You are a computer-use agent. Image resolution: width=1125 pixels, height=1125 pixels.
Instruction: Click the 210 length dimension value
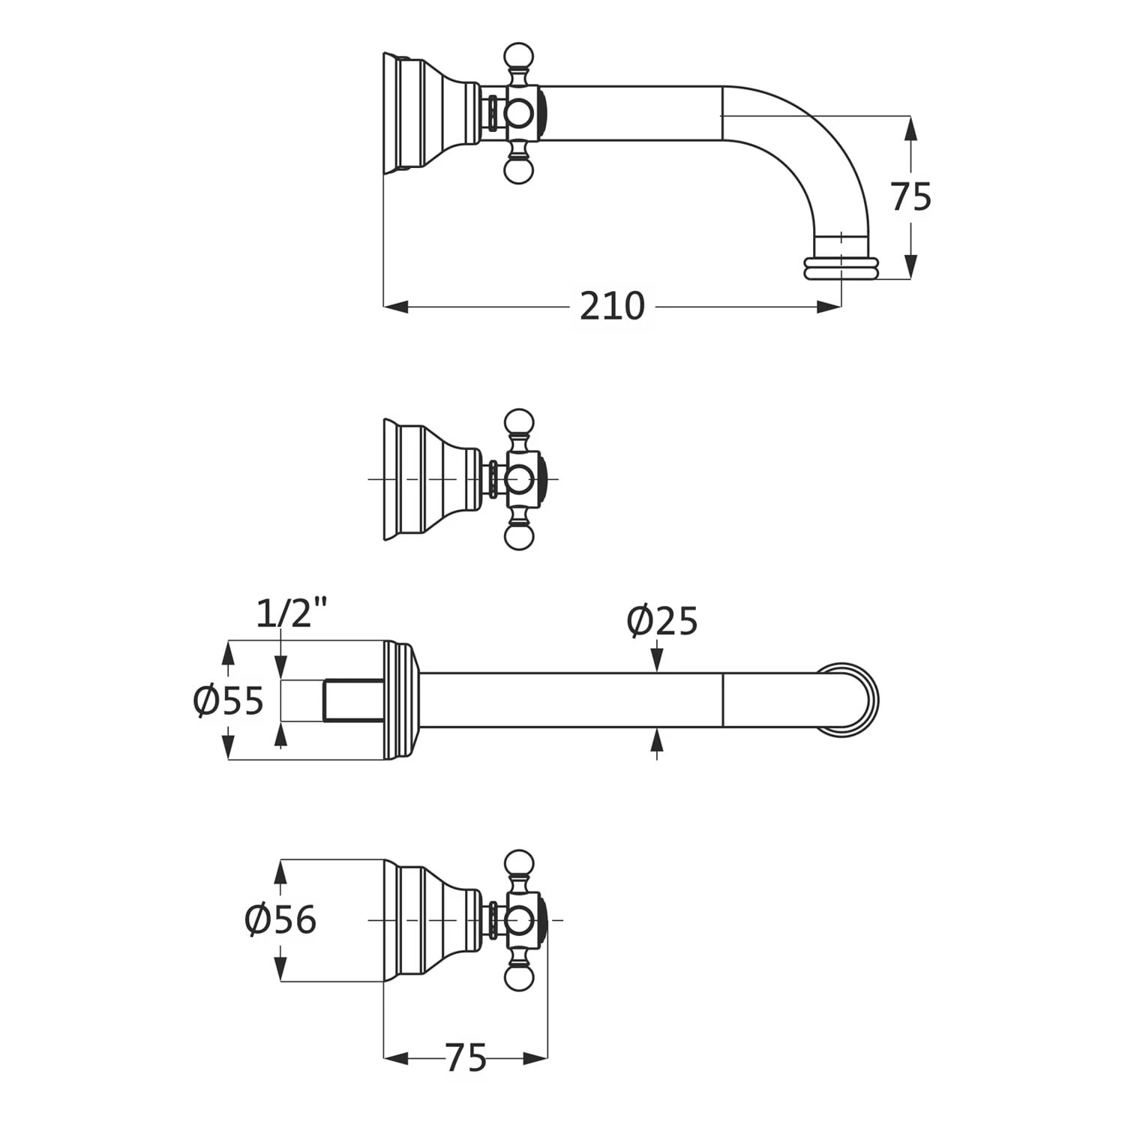(612, 306)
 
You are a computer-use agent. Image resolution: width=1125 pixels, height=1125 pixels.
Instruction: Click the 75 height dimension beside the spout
(910, 196)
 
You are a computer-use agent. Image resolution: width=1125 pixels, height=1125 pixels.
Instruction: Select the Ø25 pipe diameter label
(662, 620)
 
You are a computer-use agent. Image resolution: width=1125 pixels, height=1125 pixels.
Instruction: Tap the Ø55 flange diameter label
(228, 700)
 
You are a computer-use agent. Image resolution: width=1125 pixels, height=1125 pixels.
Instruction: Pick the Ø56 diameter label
(280, 919)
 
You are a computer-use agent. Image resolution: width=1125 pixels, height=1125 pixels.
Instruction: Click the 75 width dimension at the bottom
(466, 1058)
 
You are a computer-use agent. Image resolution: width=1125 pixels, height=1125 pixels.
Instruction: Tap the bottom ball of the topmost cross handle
(518, 171)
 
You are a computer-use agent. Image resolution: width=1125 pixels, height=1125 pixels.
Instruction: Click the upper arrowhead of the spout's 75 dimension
(910, 128)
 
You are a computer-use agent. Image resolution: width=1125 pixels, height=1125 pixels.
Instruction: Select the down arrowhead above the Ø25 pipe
(657, 661)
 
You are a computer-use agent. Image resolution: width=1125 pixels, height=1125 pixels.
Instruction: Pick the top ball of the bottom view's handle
(518, 863)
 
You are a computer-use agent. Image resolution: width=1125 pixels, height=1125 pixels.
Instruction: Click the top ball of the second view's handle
(518, 421)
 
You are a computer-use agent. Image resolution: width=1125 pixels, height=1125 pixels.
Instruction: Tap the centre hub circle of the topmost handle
(517, 113)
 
